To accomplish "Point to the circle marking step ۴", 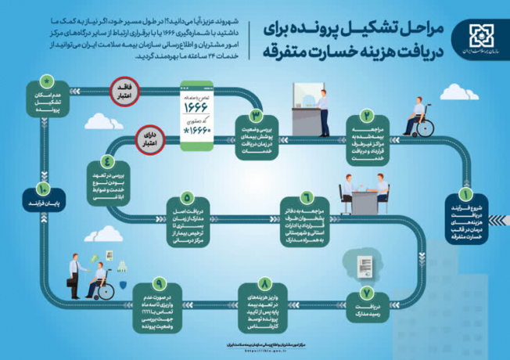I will [107, 163].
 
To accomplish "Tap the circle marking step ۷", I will [365, 292].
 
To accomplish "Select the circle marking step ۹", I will [160, 284].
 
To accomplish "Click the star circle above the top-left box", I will [48, 81].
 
